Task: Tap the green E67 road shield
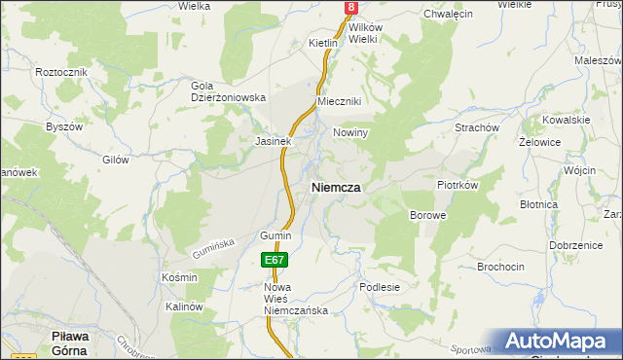coord(274,261)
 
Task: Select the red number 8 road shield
coord(350,8)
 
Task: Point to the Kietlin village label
coord(322,44)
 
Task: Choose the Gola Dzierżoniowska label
coord(228,91)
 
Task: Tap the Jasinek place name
coord(274,141)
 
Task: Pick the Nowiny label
coord(349,133)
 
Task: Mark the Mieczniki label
coord(340,102)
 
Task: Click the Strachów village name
coord(477,127)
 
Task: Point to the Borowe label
coord(427,214)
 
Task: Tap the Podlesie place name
coord(380,287)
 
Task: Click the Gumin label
coord(275,236)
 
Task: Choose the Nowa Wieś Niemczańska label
coord(296,299)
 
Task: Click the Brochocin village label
coord(501,266)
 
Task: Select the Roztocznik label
coord(61,73)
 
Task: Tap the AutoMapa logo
coord(559,341)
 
